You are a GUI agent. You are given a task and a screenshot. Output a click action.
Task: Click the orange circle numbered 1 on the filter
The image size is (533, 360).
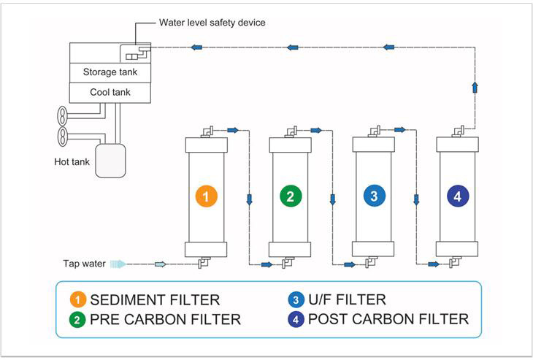point(207,196)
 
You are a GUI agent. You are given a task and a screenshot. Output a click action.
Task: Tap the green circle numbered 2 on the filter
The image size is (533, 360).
point(291,196)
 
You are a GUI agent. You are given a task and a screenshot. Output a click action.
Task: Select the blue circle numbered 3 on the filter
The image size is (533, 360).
point(374,196)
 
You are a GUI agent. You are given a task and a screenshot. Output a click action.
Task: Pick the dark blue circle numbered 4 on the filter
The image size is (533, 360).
point(457,196)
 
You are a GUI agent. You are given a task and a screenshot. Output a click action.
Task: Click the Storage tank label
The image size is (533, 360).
point(110,72)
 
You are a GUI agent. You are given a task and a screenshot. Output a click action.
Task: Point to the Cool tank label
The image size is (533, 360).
point(110,93)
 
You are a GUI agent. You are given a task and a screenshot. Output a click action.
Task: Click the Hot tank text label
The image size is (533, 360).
point(72,161)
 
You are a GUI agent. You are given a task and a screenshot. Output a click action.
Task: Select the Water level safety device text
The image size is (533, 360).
point(212,23)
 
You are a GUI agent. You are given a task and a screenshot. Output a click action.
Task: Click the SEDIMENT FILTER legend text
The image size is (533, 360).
point(155,299)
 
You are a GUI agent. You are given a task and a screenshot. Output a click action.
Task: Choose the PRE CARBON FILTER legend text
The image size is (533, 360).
point(166,319)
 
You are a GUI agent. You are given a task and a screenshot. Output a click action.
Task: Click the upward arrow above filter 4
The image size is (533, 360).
point(475,87)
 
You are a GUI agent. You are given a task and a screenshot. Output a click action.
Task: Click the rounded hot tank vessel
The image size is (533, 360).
point(111,159)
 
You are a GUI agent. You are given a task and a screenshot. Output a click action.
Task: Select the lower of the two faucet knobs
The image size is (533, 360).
point(62,135)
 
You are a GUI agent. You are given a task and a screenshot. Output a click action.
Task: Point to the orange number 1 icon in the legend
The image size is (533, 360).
point(79,299)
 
